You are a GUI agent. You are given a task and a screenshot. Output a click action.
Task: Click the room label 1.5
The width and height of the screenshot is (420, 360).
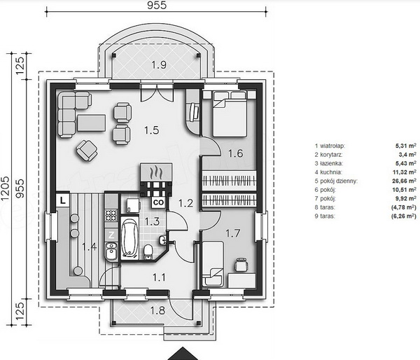tap(152, 130)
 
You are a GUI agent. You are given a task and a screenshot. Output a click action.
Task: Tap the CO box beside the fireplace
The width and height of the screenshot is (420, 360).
tap(159, 202)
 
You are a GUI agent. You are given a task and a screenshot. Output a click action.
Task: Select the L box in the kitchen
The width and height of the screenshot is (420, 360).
tap(63, 200)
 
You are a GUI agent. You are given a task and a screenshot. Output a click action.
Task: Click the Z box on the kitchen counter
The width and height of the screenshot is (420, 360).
tap(111, 235)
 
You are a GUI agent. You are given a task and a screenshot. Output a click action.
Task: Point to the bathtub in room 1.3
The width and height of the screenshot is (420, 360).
tap(129, 237)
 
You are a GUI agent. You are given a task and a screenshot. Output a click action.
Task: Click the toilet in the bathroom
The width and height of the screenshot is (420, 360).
tap(148, 251)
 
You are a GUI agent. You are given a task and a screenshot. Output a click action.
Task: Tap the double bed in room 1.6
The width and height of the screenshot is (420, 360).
tap(230, 114)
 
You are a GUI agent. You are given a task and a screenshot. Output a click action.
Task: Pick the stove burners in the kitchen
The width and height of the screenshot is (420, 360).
tap(111, 215)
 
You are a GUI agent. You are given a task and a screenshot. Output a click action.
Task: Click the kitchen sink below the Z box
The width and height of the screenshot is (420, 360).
tap(111, 251)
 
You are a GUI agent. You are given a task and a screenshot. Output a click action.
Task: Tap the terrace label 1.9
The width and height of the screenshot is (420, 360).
tap(159, 65)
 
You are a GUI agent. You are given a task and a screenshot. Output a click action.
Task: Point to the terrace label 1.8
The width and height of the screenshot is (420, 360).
tap(157, 311)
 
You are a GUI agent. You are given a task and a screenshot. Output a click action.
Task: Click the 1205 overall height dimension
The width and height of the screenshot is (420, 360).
tap(6, 188)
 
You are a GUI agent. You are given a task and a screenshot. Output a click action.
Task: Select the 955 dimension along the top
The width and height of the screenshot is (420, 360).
tap(157, 5)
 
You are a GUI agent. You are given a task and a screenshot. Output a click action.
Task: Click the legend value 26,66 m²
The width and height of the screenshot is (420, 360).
tap(404, 181)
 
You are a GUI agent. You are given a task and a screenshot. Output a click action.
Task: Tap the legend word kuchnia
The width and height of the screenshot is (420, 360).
tap(330, 172)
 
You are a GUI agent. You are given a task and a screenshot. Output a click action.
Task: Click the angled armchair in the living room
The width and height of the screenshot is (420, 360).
tap(87, 151)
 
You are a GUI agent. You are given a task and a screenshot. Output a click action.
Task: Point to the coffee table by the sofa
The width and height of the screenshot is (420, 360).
tap(91, 123)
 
